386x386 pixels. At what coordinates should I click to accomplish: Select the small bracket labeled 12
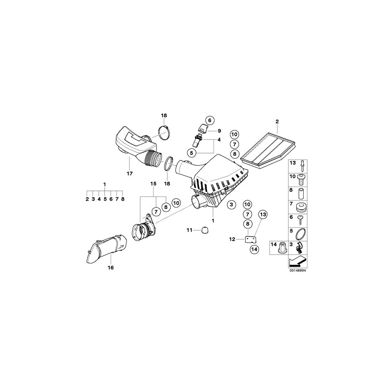[251, 239]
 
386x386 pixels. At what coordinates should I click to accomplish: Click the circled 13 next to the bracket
[262, 214]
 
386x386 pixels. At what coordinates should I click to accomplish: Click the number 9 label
[219, 130]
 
